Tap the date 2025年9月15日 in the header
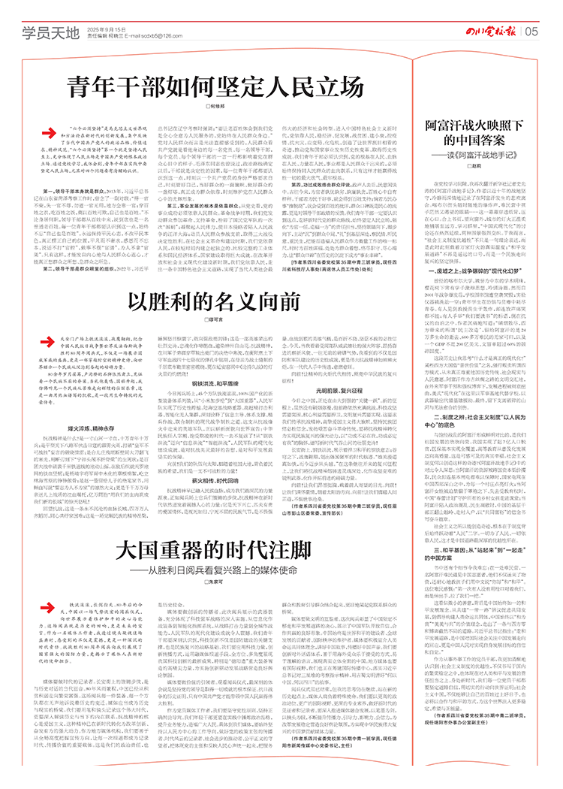(x=104, y=26)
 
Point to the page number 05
(x=532, y=30)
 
